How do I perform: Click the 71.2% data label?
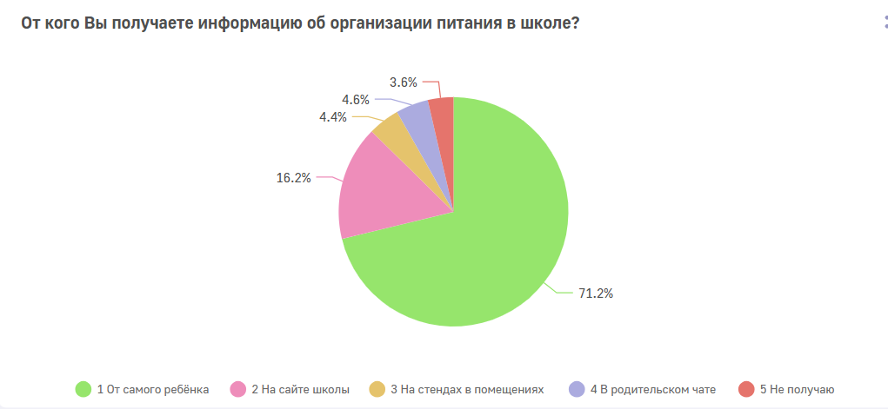(x=597, y=294)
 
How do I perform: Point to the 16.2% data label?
(x=294, y=177)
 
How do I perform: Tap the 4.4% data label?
(x=334, y=116)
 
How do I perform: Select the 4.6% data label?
(x=357, y=99)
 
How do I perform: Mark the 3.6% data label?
(x=404, y=82)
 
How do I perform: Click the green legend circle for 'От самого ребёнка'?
(x=84, y=389)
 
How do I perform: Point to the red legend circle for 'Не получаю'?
(x=745, y=389)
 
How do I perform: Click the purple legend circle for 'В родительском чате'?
(x=575, y=389)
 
